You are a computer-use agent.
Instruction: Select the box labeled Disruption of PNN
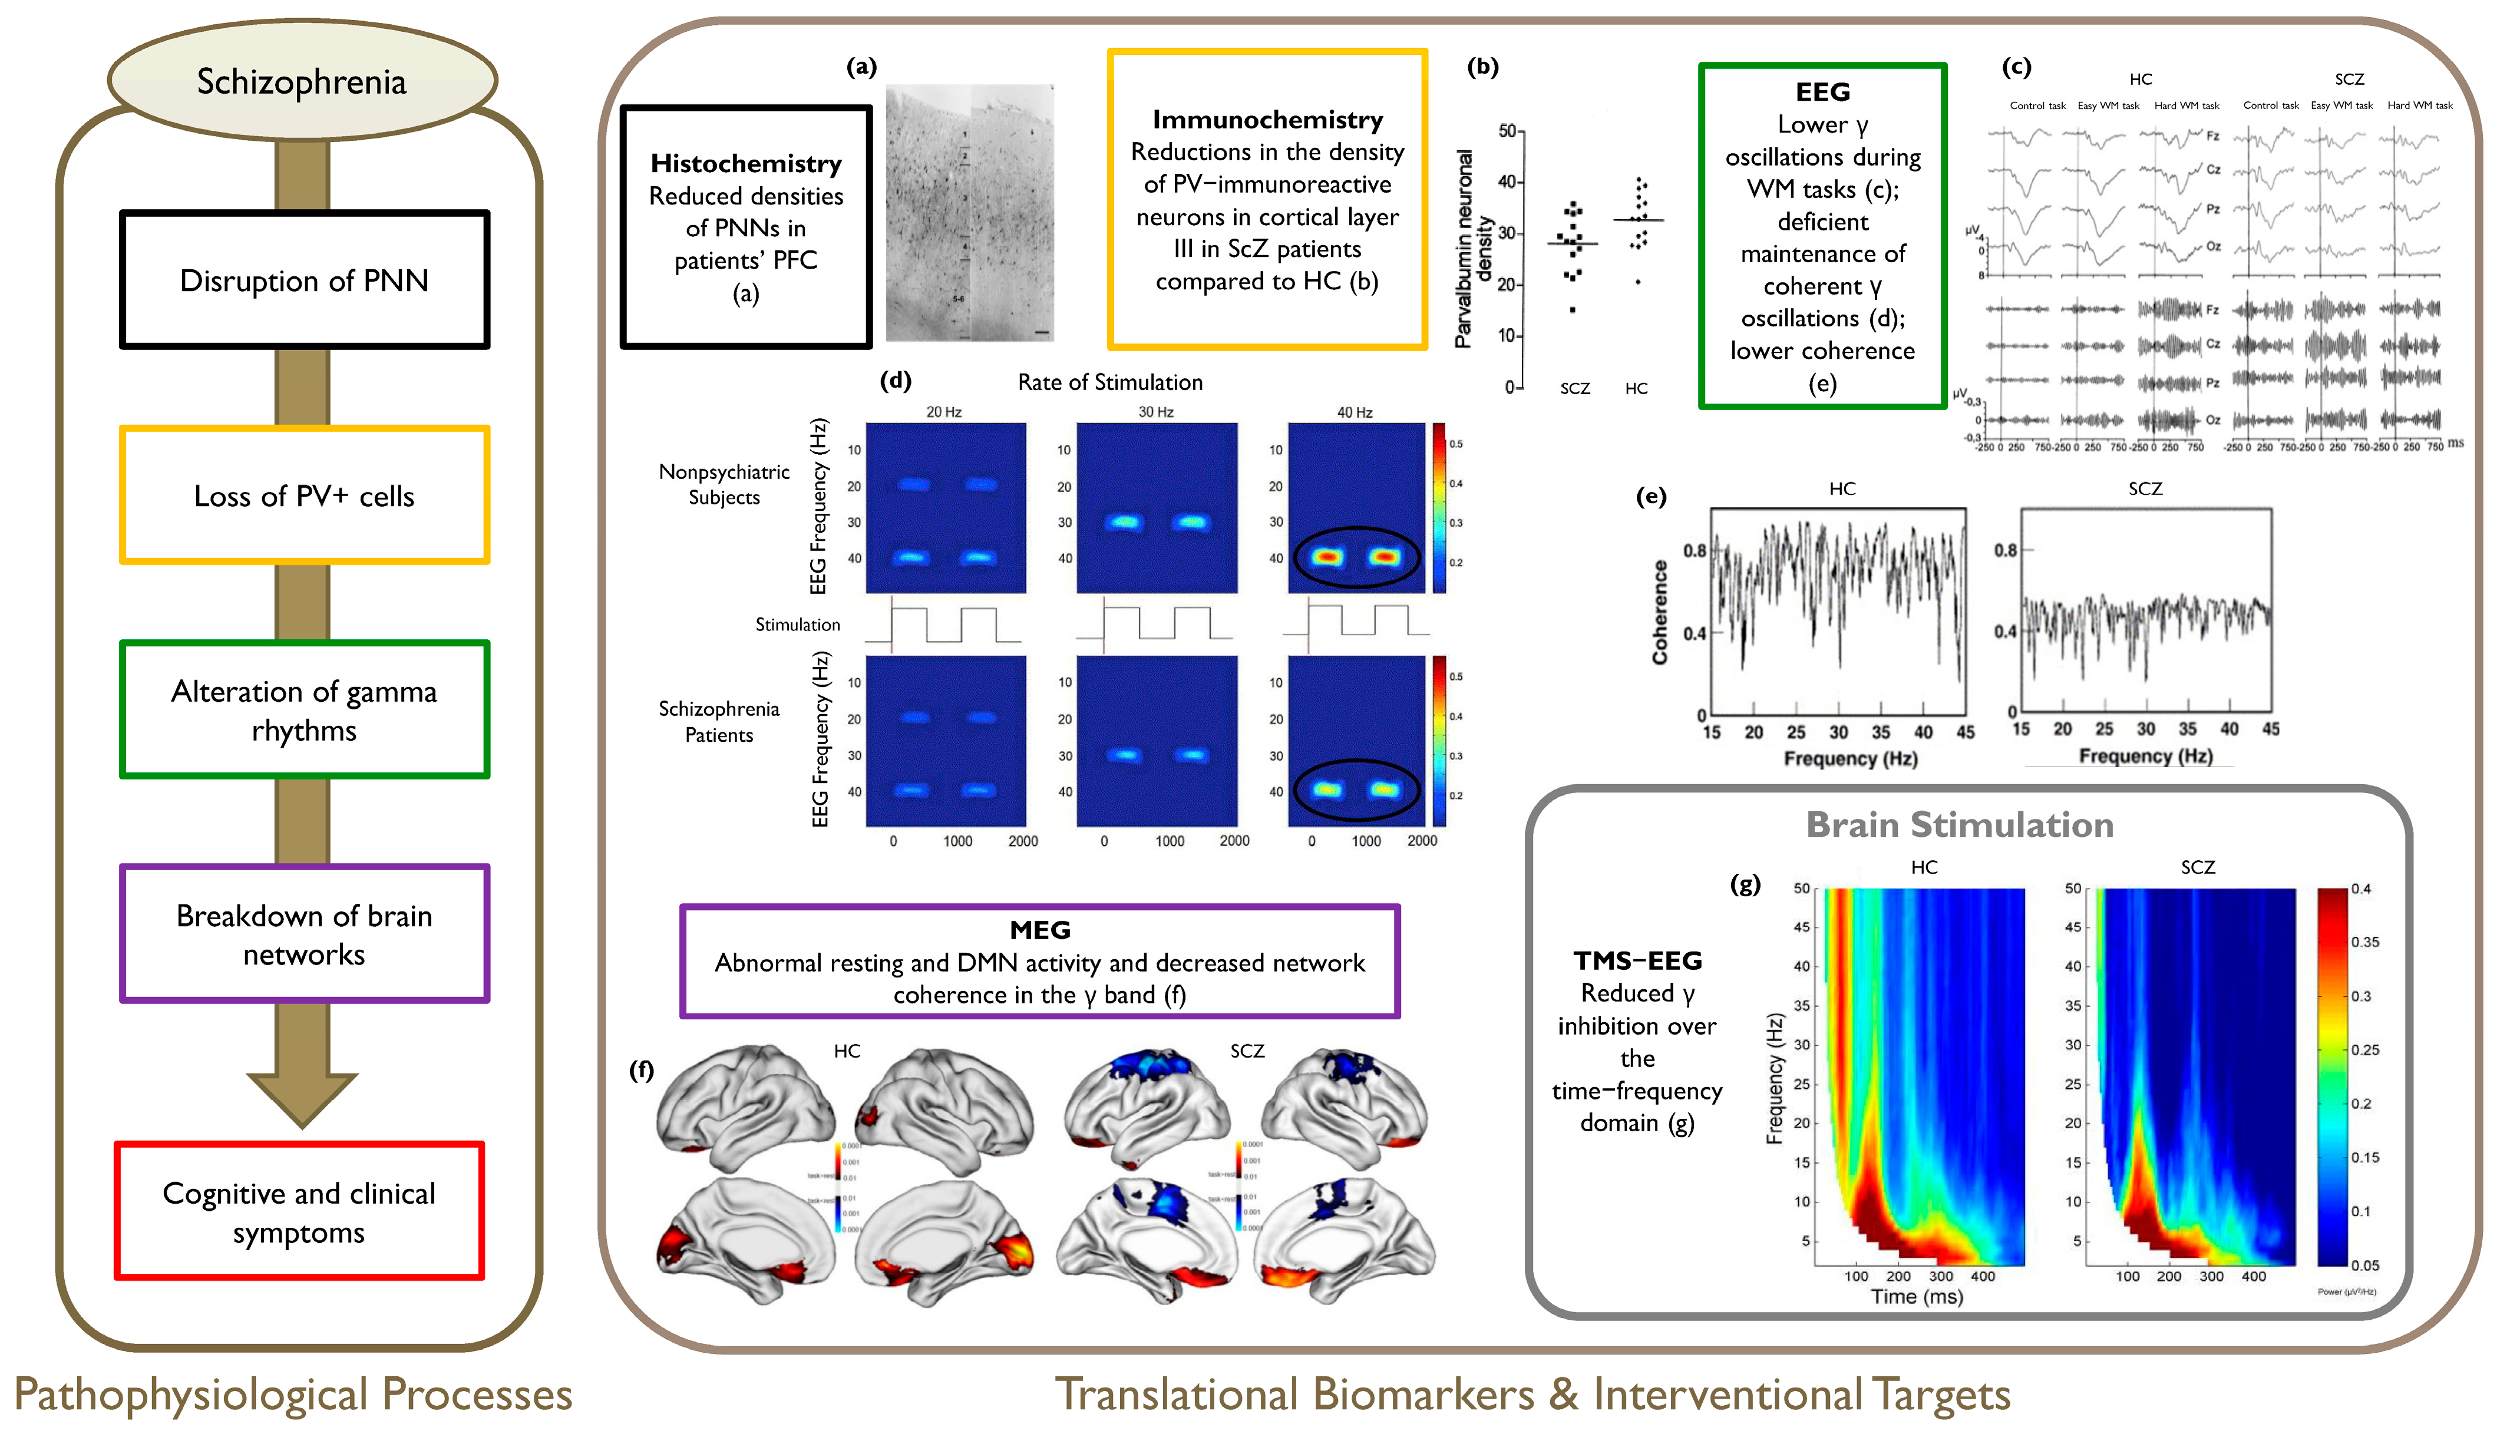click(304, 280)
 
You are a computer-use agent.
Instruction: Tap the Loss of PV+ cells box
click(304, 495)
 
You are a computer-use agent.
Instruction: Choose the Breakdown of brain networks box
click(304, 934)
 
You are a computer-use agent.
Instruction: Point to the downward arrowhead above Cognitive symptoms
click(302, 1098)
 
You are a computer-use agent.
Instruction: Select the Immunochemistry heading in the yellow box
click(1267, 120)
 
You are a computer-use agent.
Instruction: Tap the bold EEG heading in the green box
click(1822, 92)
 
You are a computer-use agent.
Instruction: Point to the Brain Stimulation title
click(1959, 825)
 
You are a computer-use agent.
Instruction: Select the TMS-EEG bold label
click(1637, 960)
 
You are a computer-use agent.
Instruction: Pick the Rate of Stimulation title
click(1109, 382)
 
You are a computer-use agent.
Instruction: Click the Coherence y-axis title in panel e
click(1660, 612)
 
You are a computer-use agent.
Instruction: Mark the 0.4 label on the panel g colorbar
click(2361, 888)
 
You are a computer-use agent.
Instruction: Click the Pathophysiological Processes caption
click(293, 1395)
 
